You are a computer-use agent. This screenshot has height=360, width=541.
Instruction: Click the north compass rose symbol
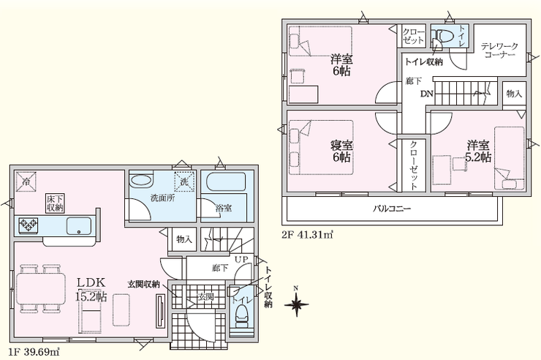(x=296, y=304)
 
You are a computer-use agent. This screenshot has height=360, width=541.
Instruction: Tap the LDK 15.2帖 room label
(x=91, y=290)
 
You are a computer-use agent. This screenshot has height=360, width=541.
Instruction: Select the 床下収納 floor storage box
(x=56, y=203)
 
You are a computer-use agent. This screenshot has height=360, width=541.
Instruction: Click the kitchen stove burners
(x=29, y=226)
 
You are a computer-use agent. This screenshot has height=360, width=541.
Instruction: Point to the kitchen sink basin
(x=79, y=226)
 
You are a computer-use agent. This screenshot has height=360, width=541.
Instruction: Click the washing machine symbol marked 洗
(x=184, y=181)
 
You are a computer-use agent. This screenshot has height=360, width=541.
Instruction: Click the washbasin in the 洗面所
(x=140, y=181)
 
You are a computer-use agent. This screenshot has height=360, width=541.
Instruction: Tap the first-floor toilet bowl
(x=242, y=316)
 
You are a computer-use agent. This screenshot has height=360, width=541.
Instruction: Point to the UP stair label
(x=241, y=259)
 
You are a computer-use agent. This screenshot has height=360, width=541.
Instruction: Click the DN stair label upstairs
(x=426, y=94)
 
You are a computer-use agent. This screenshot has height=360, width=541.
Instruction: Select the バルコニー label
(x=392, y=209)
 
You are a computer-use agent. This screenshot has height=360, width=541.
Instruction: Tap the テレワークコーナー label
(x=499, y=50)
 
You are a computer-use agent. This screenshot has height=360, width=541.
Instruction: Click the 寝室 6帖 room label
(x=341, y=151)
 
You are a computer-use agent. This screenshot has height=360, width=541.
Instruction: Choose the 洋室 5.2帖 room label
(x=478, y=151)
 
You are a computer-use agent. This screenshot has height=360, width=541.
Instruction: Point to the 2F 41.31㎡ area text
(x=308, y=236)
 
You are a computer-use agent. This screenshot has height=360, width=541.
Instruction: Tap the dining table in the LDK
(x=41, y=288)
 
